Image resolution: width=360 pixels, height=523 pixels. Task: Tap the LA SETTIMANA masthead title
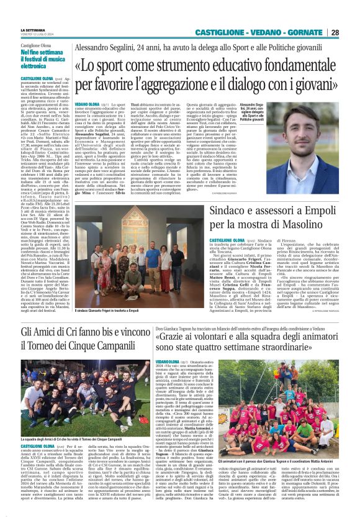(32, 30)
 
